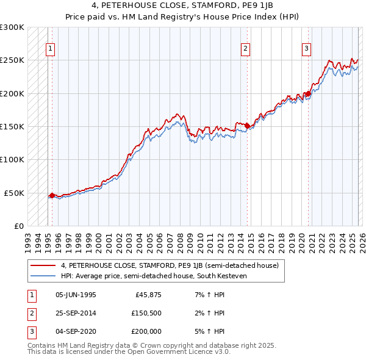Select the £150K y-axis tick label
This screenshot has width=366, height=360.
[12, 127]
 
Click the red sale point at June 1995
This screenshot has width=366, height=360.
[52, 196]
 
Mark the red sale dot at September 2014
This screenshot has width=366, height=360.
[247, 126]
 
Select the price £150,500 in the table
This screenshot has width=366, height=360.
[146, 313]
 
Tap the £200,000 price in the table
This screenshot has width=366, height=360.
[146, 331]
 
